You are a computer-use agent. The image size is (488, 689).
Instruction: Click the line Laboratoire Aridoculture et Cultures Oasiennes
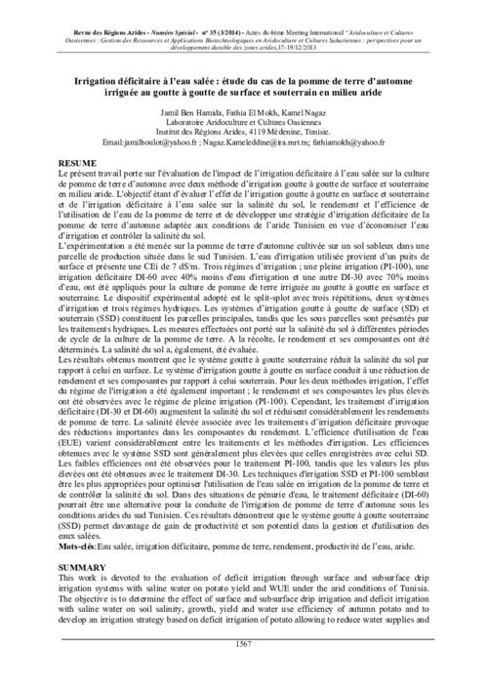coord(244,123)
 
